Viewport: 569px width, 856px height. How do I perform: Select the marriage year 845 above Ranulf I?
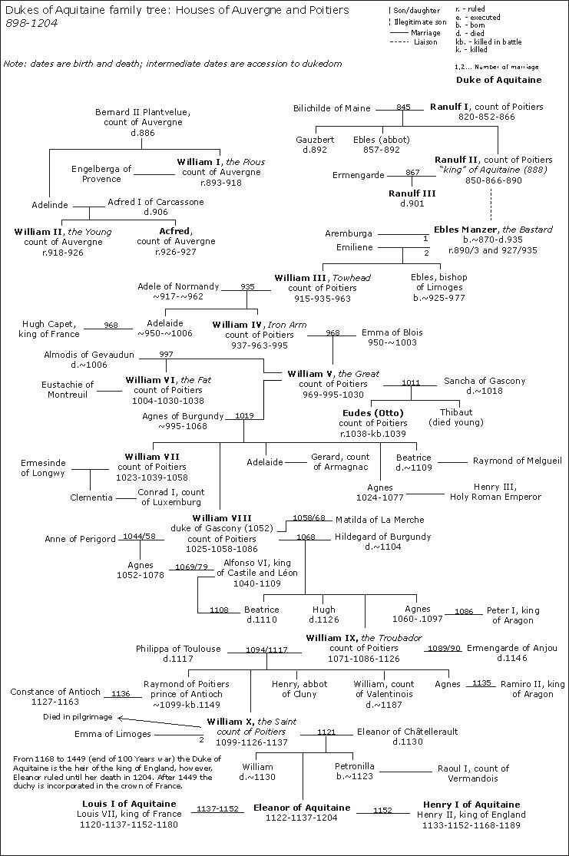pyautogui.click(x=404, y=107)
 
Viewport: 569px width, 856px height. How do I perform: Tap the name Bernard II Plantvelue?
pyautogui.click(x=143, y=113)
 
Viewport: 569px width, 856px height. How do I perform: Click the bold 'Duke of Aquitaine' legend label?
pyautogui.click(x=498, y=80)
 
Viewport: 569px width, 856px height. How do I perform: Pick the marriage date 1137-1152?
pyautogui.click(x=217, y=809)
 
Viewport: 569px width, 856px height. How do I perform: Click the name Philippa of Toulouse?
pyautogui.click(x=178, y=649)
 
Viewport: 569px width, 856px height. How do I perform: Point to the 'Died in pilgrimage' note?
pyautogui.click(x=77, y=716)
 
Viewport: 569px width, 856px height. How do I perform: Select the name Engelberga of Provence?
pyautogui.click(x=101, y=174)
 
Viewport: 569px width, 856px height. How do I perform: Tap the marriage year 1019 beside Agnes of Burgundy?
pyautogui.click(x=245, y=415)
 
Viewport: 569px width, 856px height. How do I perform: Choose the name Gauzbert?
pyautogui.click(x=316, y=140)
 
